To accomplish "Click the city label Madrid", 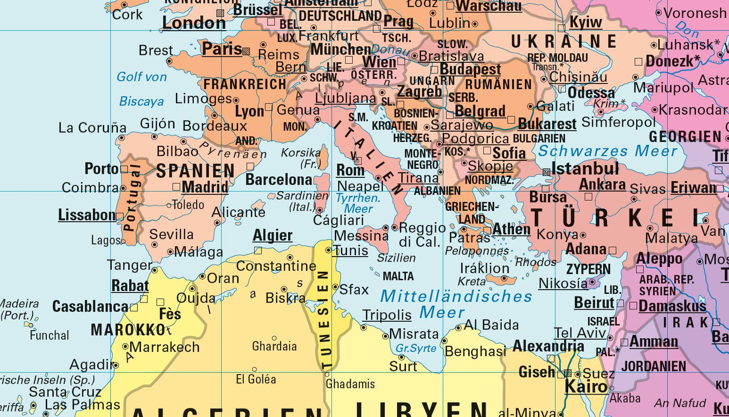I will tap(205, 187).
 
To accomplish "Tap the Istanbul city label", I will tap(585, 169).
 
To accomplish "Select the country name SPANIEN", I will tap(195, 171).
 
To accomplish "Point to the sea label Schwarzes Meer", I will tap(607, 151).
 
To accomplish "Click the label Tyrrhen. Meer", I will tap(358, 203).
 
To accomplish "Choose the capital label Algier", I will tap(272, 236).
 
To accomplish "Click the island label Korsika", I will tap(301, 153).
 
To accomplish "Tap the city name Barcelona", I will tap(278, 180).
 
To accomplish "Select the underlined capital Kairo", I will tap(586, 387).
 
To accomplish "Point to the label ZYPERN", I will tap(588, 269).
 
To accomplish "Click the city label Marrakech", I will tap(165, 347).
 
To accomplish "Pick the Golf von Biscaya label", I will tap(141, 89).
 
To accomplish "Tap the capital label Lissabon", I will tap(87, 215).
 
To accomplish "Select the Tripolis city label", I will tap(387, 315).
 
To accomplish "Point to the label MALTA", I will tap(398, 277).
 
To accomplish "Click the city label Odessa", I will tap(591, 92).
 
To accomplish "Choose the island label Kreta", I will tap(471, 281).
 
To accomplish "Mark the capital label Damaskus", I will tap(672, 306).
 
